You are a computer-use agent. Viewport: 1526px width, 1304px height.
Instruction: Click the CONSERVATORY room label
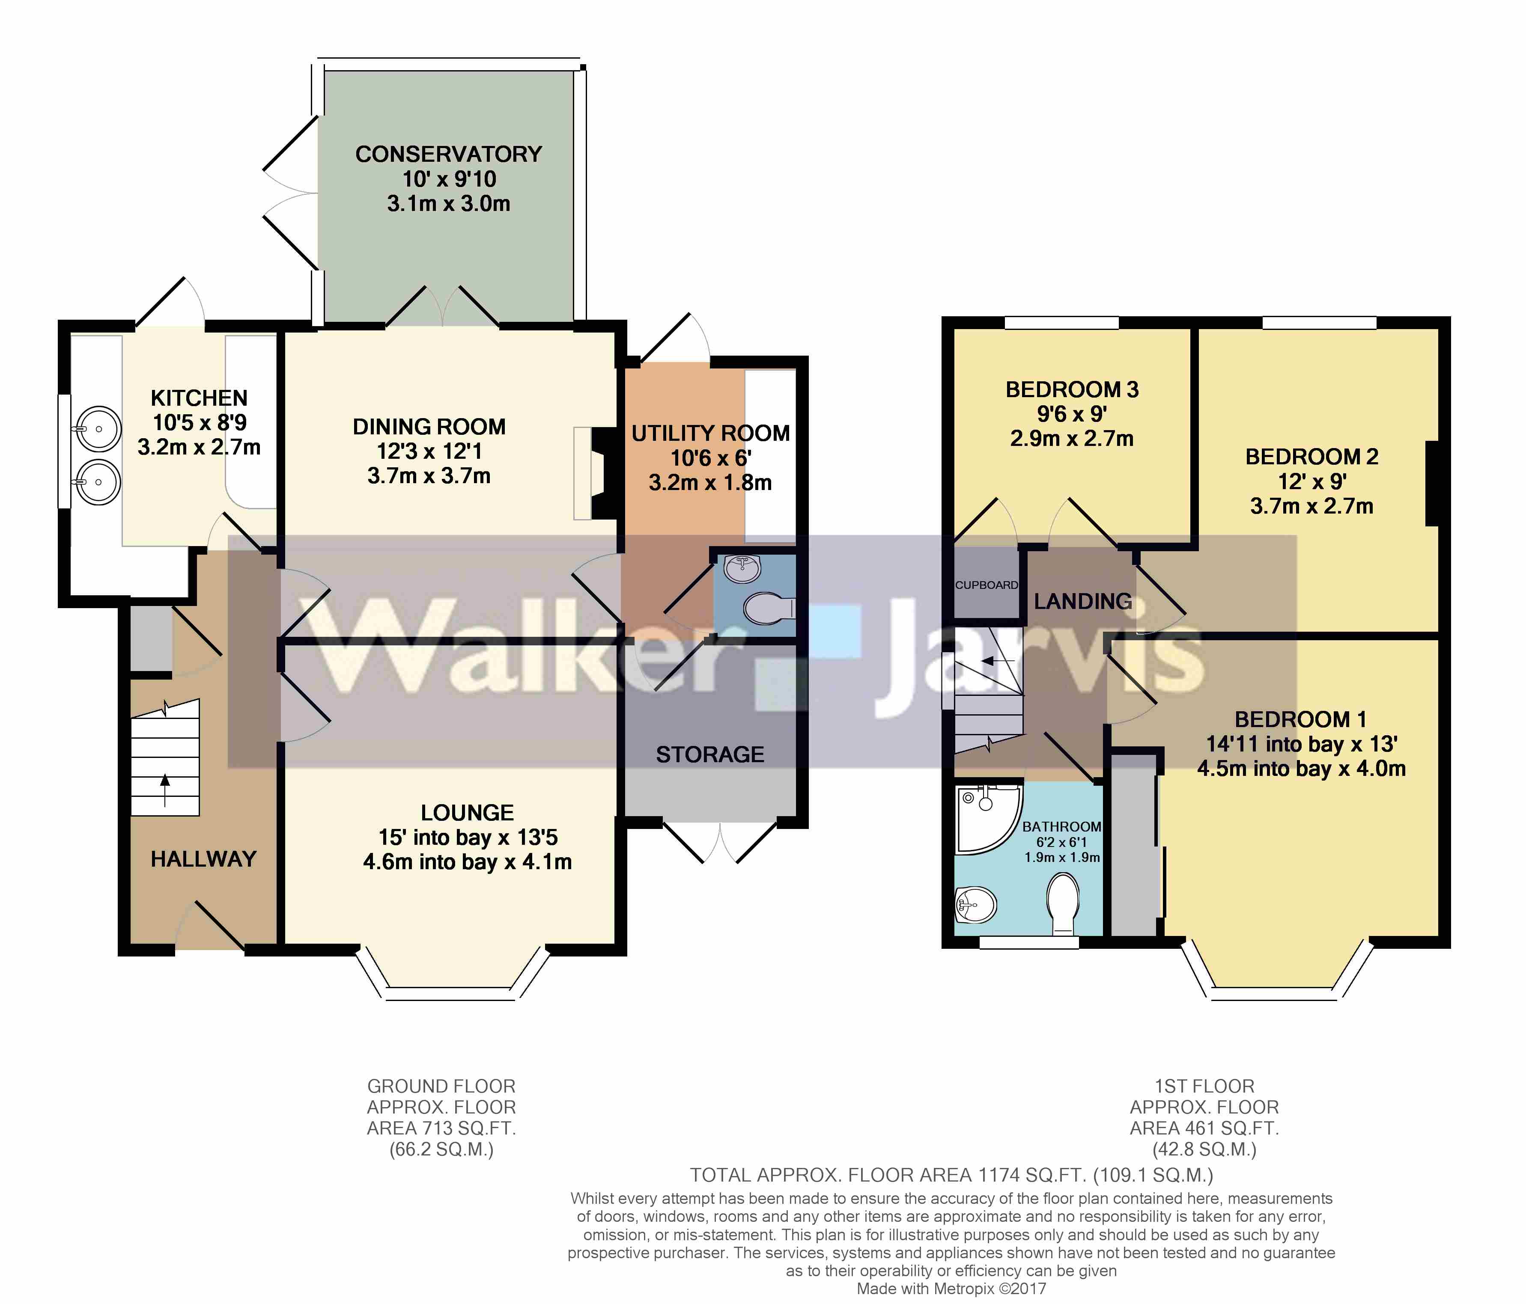(449, 154)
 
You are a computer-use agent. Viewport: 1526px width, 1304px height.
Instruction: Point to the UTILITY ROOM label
(711, 433)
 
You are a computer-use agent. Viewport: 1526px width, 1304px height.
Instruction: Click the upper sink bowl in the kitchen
(98, 428)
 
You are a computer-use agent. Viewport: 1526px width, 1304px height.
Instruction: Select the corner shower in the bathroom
(983, 818)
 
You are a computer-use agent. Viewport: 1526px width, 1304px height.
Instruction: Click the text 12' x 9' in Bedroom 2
(1311, 481)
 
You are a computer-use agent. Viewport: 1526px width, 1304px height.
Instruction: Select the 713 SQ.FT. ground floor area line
(441, 1128)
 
